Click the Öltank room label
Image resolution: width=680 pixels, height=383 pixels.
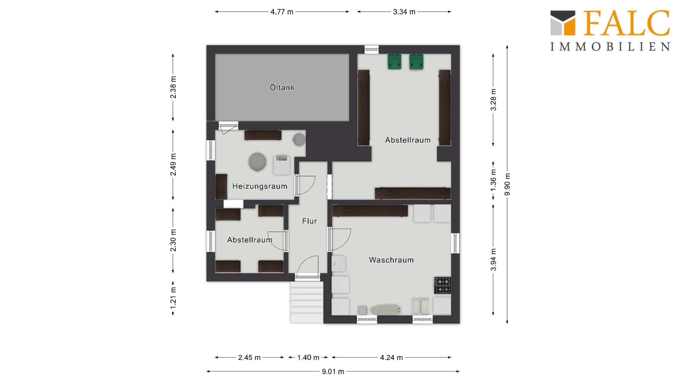tap(282, 87)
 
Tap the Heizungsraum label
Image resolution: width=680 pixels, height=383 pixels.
tap(260, 186)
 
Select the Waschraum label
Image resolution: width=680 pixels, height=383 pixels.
tap(391, 260)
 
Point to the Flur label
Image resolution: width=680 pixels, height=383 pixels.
tap(310, 221)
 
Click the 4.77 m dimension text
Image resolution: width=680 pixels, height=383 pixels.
tap(282, 12)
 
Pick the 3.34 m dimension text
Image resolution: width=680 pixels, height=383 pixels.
tap(404, 12)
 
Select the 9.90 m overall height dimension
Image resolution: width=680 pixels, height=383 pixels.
tap(508, 184)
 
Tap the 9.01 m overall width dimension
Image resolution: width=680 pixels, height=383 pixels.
tap(333, 371)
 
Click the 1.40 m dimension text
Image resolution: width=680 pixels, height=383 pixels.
tap(308, 357)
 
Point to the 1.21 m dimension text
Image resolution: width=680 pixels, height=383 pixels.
tap(173, 298)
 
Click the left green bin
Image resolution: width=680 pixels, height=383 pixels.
tap(394, 61)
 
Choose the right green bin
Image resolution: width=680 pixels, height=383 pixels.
tap(416, 61)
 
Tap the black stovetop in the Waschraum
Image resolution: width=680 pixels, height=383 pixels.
tap(443, 285)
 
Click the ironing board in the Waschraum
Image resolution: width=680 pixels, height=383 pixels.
tap(386, 310)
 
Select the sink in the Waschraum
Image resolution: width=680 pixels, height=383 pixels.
tap(339, 263)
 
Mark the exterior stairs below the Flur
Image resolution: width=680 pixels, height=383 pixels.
tap(307, 302)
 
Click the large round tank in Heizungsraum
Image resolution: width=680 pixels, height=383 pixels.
tap(257, 162)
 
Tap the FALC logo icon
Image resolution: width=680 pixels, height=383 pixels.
tap(563, 23)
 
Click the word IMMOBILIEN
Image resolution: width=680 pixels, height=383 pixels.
tap(610, 46)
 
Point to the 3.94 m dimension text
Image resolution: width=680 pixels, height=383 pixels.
tap(493, 260)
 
